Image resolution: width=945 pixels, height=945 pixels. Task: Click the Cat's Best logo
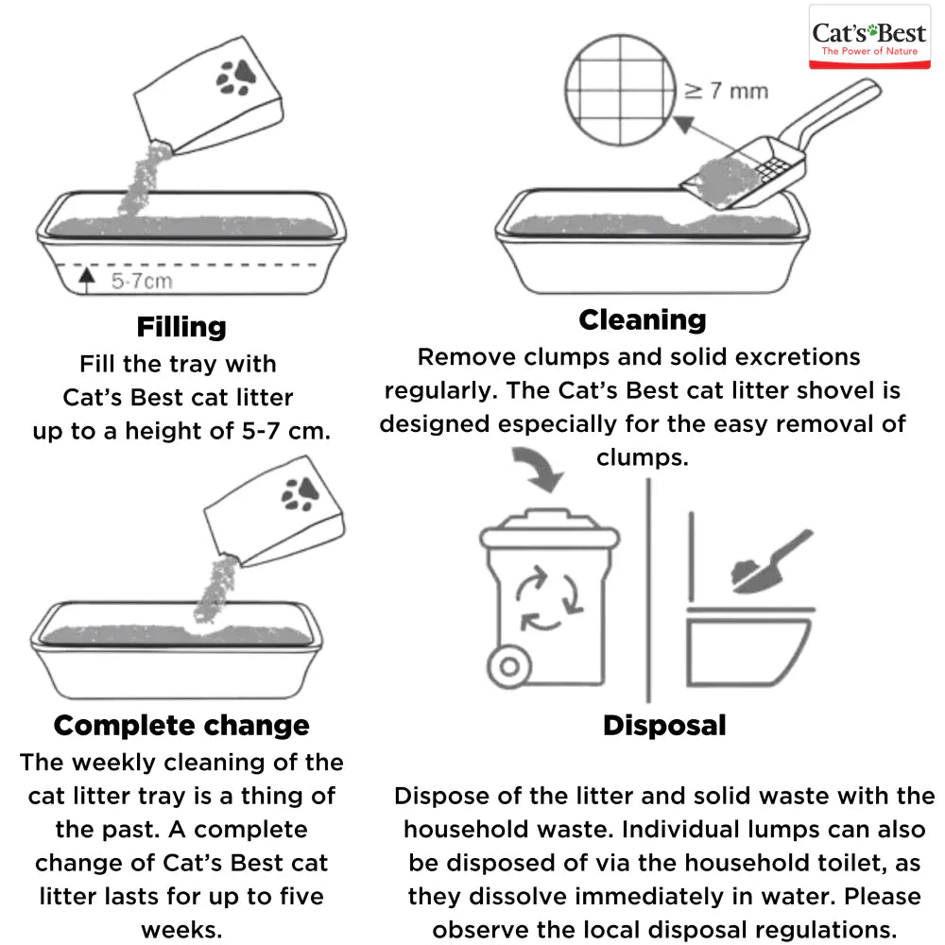[x=870, y=38]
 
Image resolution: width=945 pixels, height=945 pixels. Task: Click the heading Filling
[x=181, y=327]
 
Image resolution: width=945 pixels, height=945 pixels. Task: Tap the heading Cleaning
[x=642, y=319]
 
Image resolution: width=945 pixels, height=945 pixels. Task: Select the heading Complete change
[x=181, y=725]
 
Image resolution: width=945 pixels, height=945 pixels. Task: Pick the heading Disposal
[x=664, y=725]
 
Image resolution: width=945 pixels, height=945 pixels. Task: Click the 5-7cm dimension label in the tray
[x=142, y=281]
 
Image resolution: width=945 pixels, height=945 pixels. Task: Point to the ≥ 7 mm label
[x=725, y=91]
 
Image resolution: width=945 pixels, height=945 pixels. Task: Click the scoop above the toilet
[x=770, y=564]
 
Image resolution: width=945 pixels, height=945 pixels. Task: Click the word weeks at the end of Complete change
[x=181, y=929]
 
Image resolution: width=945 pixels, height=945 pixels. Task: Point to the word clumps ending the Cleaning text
[x=642, y=457]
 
